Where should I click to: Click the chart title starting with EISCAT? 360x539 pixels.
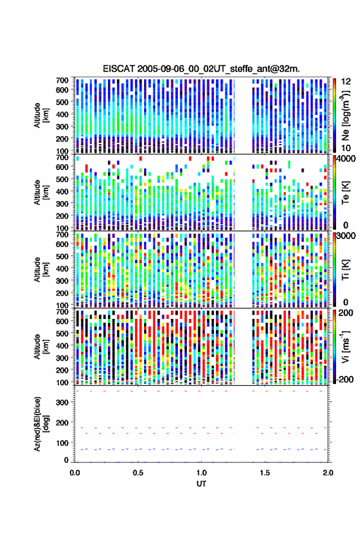pyautogui.click(x=201, y=69)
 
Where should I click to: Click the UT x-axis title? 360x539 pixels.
pyautogui.click(x=201, y=484)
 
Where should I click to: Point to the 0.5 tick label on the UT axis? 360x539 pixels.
pyautogui.click(x=138, y=473)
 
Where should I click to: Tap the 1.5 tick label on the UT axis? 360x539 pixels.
pyautogui.click(x=265, y=473)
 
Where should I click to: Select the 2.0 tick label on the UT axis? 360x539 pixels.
pyautogui.click(x=328, y=473)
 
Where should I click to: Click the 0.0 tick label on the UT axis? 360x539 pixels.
pyautogui.click(x=75, y=473)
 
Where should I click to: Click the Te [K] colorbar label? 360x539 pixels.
pyautogui.click(x=345, y=193)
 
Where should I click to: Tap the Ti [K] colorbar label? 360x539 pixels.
pyautogui.click(x=345, y=270)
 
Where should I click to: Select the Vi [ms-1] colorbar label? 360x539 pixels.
pyautogui.click(x=345, y=346)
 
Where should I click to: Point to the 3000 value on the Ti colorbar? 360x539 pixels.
pyautogui.click(x=347, y=236)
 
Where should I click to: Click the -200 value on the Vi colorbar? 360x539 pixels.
pyautogui.click(x=345, y=380)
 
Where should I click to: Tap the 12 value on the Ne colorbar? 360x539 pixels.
pyautogui.click(x=346, y=82)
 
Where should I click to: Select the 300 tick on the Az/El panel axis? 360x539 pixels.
pyautogui.click(x=63, y=402)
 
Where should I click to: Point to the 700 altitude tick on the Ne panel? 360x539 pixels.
pyautogui.click(x=62, y=80)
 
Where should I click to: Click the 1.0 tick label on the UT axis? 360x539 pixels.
pyautogui.click(x=202, y=473)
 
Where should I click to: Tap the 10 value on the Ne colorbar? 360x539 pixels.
pyautogui.click(x=346, y=148)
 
